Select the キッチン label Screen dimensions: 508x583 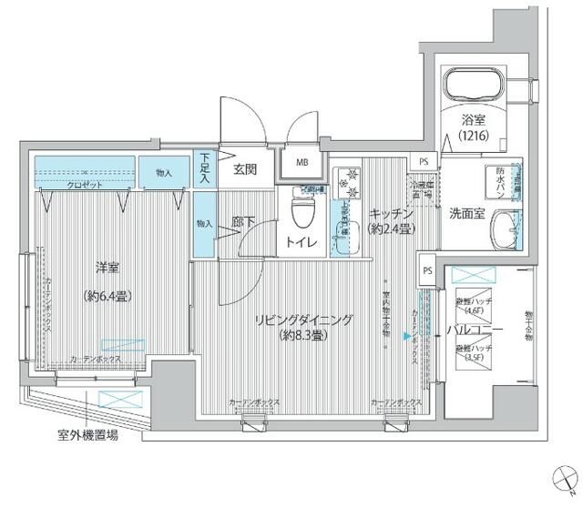tap(392, 213)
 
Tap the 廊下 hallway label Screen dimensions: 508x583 tap(243, 222)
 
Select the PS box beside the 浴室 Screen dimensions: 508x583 tap(423, 161)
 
